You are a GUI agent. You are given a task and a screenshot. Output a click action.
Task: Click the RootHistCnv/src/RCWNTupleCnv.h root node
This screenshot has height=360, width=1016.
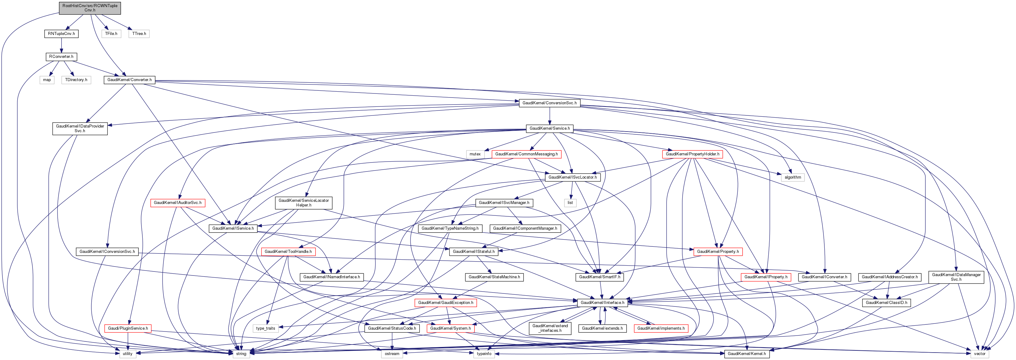(x=90, y=8)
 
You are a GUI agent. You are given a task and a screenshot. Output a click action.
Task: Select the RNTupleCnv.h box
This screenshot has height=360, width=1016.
(x=61, y=33)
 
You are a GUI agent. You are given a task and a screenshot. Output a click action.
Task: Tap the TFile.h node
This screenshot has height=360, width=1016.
(x=111, y=33)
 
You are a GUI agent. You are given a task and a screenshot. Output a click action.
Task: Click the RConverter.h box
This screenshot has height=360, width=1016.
(x=61, y=57)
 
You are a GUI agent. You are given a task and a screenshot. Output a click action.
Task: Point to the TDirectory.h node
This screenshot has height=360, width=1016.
(x=76, y=80)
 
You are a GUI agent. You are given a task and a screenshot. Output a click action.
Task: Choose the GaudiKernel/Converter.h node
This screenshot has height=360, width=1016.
(x=129, y=80)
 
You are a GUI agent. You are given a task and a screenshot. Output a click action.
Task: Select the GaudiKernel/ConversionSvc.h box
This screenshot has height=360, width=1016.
(x=549, y=103)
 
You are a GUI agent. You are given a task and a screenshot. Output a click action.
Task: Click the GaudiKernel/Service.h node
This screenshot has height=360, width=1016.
(x=549, y=128)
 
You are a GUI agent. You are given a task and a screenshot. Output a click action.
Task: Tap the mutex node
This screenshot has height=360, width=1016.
(x=475, y=154)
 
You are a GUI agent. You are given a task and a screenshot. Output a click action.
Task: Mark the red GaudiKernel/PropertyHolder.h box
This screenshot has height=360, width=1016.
(x=692, y=154)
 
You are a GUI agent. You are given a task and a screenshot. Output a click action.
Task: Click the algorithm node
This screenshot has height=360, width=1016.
(x=793, y=177)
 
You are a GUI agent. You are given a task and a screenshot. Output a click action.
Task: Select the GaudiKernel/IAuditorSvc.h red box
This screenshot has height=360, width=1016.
(x=177, y=203)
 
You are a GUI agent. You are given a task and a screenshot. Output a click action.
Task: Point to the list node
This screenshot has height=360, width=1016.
(x=570, y=203)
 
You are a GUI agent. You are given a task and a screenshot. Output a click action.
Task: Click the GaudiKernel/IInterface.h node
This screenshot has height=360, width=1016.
(x=602, y=303)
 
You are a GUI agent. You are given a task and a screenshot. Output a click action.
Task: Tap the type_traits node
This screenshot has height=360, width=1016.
(x=265, y=328)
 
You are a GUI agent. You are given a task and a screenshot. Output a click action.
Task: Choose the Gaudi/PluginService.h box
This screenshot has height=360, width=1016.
(x=128, y=328)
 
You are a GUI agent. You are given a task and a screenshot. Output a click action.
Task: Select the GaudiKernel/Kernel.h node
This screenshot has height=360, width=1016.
(x=747, y=354)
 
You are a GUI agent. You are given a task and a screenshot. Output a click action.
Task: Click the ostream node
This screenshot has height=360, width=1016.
(x=392, y=354)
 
